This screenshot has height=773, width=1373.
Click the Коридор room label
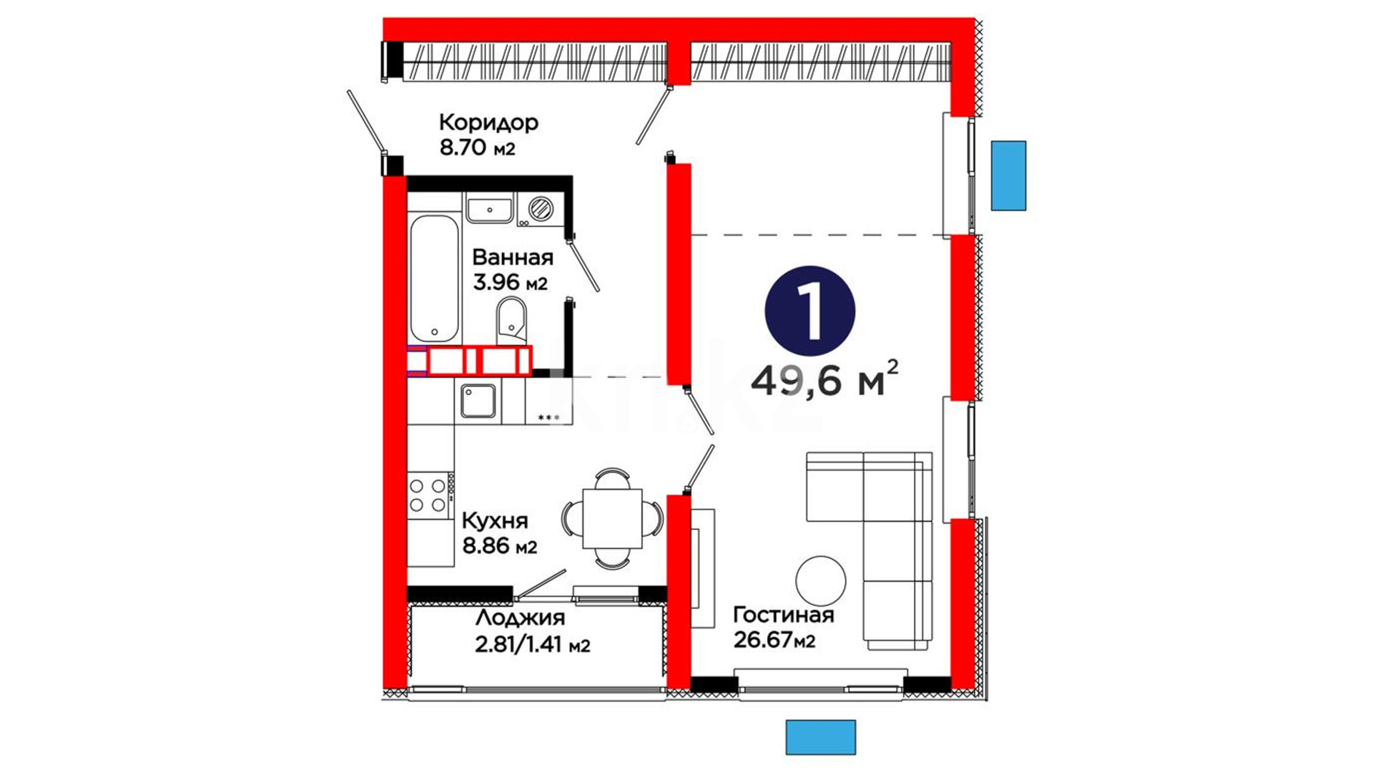[488, 123]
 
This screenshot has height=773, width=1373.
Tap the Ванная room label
[513, 258]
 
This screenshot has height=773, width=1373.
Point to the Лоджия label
[520, 618]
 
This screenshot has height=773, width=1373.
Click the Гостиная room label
[784, 615]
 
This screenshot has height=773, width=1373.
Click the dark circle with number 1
[809, 311]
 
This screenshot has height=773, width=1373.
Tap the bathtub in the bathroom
[434, 278]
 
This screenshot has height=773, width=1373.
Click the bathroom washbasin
[489, 210]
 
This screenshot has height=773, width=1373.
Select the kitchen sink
[478, 401]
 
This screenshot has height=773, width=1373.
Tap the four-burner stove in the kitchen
[430, 495]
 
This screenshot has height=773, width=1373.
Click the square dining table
[612, 518]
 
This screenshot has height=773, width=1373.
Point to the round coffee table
[820, 580]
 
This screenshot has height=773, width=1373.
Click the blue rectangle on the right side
[1008, 175]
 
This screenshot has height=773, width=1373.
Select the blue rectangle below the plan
[820, 737]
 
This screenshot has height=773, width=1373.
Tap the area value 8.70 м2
[477, 148]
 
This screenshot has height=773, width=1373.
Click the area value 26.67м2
[774, 639]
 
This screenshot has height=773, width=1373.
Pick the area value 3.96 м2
[510, 282]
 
